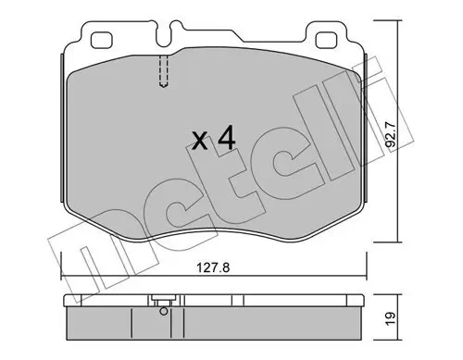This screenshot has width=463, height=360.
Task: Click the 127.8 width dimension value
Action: [213, 267]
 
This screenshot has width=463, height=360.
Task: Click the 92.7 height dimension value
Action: [391, 137]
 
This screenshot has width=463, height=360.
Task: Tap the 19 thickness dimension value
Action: [391, 318]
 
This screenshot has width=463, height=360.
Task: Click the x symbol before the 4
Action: [200, 141]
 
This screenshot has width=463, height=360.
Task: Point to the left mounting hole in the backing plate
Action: [101, 40]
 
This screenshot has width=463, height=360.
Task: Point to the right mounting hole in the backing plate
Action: [326, 40]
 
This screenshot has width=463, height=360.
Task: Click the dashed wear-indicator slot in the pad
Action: [164, 71]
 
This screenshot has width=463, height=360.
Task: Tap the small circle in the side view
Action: [164, 312]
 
